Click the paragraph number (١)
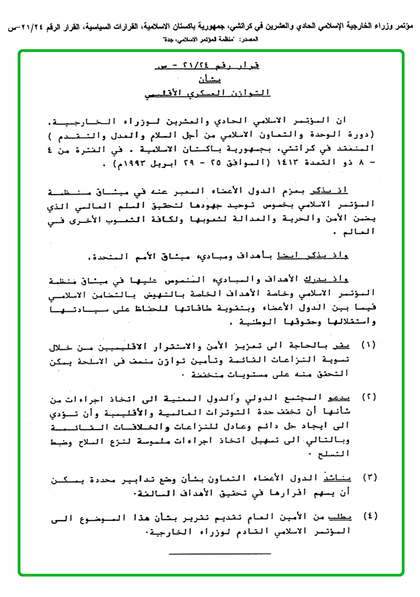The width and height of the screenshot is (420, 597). point(368,345)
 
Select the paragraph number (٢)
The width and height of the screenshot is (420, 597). point(368,398)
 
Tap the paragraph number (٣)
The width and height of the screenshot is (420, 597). point(368,477)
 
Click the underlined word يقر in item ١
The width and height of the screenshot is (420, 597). point(344,345)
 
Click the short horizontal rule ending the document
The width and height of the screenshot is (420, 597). point(220,553)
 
